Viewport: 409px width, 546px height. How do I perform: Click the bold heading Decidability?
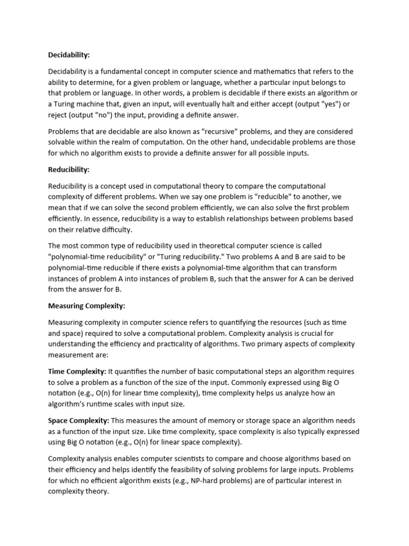[69, 54]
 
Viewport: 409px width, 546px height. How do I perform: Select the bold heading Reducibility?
[69, 170]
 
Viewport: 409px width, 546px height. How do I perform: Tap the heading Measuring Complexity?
[87, 306]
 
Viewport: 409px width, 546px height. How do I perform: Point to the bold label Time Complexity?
[77, 371]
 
